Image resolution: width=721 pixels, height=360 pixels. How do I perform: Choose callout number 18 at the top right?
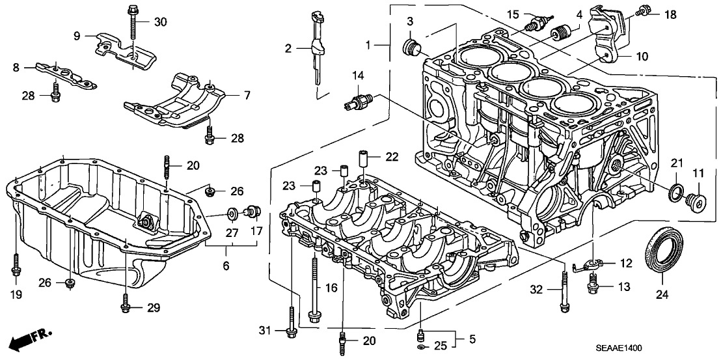[x=670, y=13]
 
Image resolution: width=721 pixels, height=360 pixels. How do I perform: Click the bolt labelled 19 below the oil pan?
[x=15, y=270]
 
